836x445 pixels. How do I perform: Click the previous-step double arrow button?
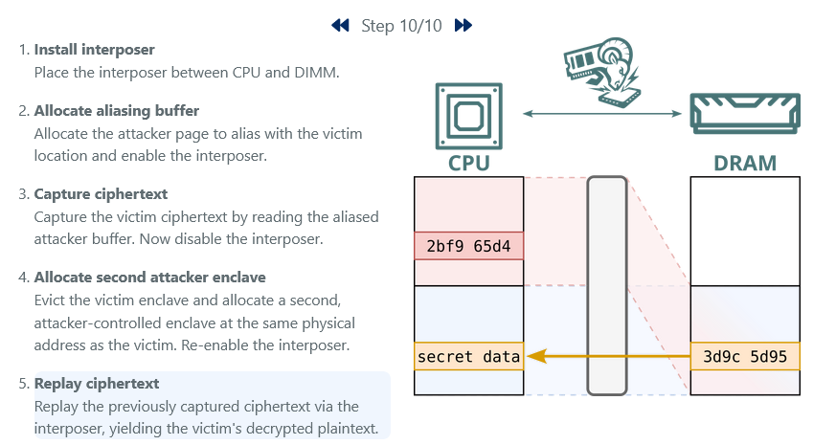[340, 26]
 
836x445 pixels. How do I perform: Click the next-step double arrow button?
[463, 26]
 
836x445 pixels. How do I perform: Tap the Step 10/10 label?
[401, 26]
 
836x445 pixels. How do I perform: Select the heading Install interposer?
[94, 49]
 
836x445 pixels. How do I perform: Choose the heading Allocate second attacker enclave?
[149, 278]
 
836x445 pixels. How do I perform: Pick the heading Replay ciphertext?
[96, 384]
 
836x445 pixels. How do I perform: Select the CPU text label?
[468, 163]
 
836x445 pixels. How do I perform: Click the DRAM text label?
[744, 163]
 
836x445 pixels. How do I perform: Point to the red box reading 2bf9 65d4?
[468, 246]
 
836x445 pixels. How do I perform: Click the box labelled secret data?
[468, 357]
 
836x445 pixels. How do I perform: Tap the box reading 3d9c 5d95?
[744, 357]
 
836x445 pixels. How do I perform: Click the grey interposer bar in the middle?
[607, 285]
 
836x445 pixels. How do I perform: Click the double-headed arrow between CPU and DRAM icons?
[606, 115]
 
